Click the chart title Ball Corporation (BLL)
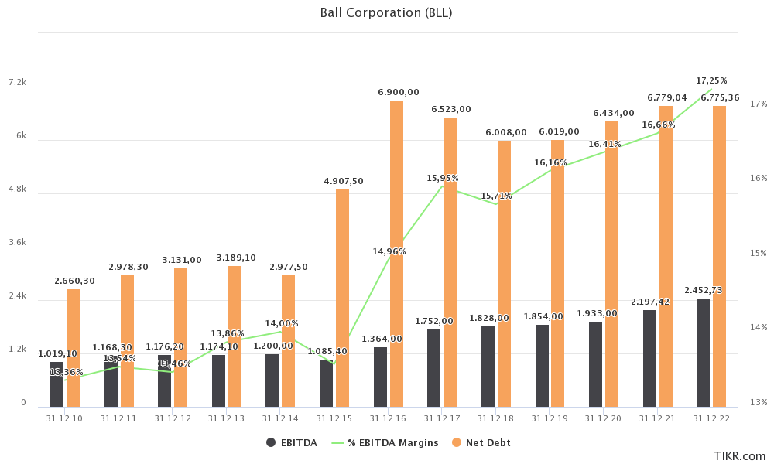tap(386, 12)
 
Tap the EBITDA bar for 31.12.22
tap(703, 352)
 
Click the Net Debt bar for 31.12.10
tap(73, 348)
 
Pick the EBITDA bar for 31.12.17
tap(433, 367)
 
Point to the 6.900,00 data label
tap(399, 92)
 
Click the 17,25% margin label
tap(711, 80)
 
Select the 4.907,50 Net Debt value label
tap(344, 181)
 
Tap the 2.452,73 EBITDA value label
tap(704, 290)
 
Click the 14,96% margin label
tap(389, 251)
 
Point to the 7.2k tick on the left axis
tap(17, 82)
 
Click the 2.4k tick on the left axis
tap(17, 296)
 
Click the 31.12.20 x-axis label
tap(603, 418)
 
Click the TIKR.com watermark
tap(739, 456)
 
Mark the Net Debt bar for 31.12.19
tap(558, 273)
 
